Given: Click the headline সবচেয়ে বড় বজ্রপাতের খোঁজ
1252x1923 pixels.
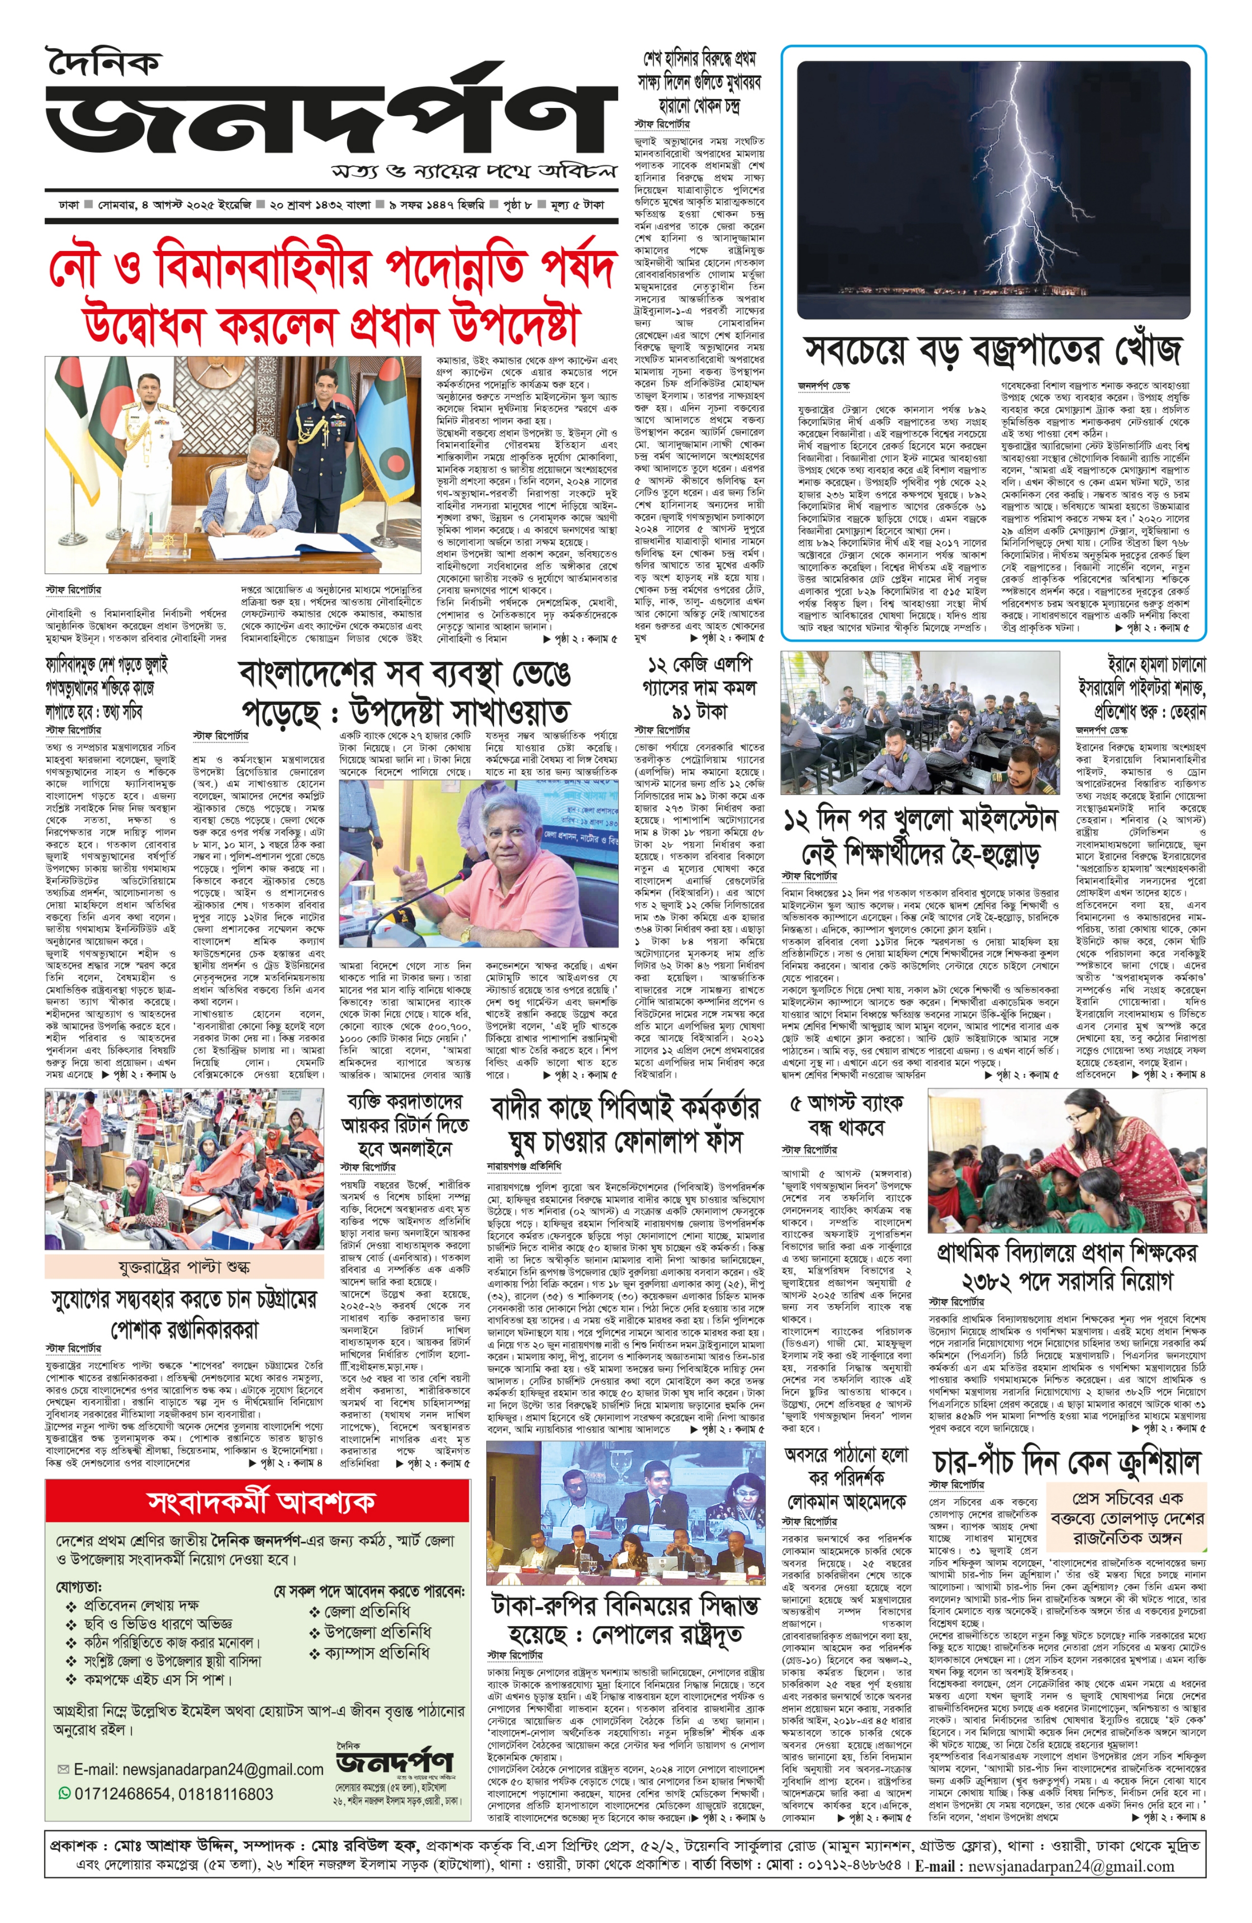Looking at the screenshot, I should pos(992,351).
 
